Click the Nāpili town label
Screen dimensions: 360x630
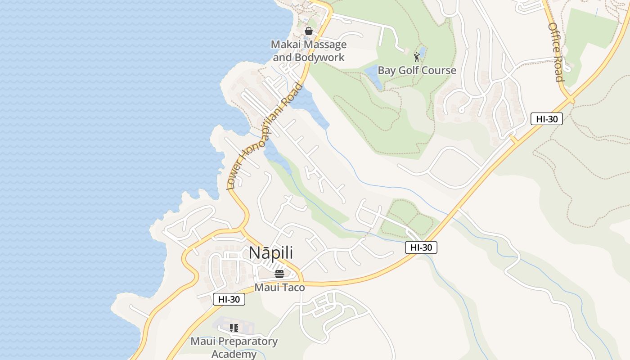(271, 252)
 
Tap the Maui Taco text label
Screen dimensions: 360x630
(279, 288)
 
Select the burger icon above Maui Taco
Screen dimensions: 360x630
(279, 274)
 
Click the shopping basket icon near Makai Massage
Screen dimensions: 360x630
(309, 31)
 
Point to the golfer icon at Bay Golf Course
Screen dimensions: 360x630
(417, 57)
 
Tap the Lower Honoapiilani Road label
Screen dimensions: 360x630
(265, 135)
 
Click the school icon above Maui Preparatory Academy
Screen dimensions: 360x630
(234, 328)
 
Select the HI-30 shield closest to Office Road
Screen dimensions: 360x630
(547, 119)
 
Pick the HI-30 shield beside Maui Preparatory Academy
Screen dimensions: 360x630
(229, 299)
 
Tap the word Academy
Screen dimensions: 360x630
(234, 354)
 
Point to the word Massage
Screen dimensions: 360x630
(324, 45)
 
